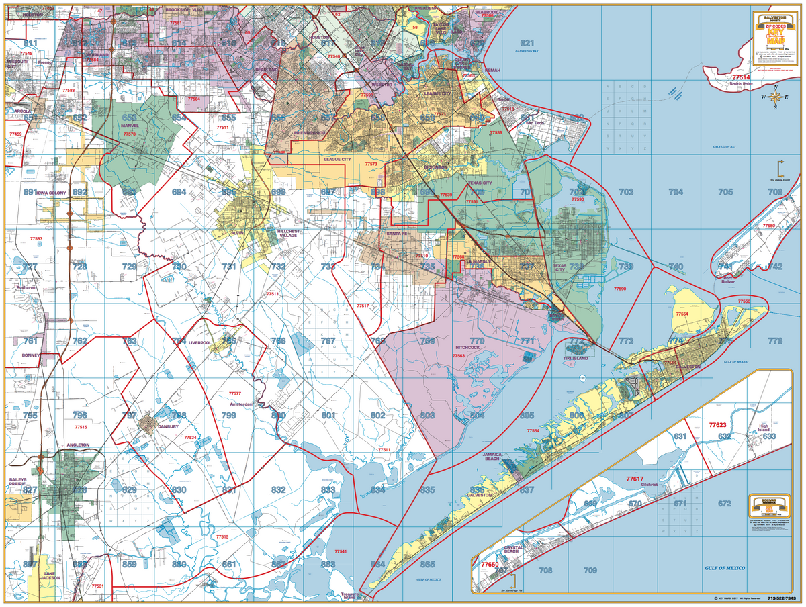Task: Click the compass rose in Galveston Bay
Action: tap(775, 98)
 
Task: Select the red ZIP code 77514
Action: tap(742, 77)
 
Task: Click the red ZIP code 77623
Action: tap(718, 425)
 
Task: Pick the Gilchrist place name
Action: tap(650, 484)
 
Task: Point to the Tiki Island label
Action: tap(576, 359)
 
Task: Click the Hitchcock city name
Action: tap(468, 348)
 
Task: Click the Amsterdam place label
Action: tap(241, 404)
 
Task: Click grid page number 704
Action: tap(676, 192)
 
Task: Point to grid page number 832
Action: tap(279, 490)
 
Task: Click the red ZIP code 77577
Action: tap(235, 393)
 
